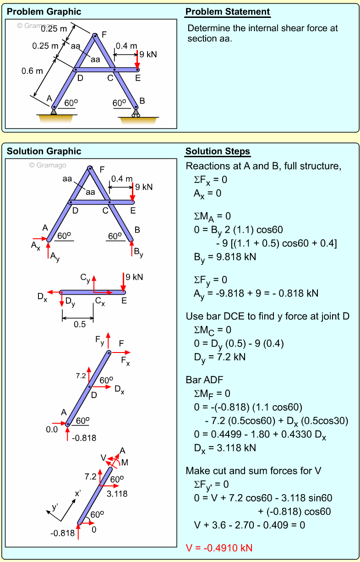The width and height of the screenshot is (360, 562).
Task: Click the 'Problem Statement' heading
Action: pos(228,12)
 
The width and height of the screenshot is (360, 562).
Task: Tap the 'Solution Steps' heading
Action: pos(218,152)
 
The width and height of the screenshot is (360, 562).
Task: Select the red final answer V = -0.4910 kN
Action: pos(219,548)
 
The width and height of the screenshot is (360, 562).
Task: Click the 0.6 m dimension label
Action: pos(32,71)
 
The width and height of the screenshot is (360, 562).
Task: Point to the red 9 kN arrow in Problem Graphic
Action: pos(137,60)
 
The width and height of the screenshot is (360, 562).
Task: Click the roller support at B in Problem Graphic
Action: pos(136,111)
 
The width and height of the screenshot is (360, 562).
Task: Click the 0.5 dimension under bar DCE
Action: pos(79,325)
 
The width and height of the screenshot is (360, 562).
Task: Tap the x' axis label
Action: pos(78,494)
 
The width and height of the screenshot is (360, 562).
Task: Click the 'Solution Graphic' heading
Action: pos(44,151)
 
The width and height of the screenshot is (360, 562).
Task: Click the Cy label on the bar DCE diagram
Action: pos(85,277)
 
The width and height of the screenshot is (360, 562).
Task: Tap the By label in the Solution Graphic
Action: pos(138,252)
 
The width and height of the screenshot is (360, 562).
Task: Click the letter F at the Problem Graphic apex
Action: pos(104,34)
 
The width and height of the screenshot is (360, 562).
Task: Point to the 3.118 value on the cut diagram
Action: pos(117,494)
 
